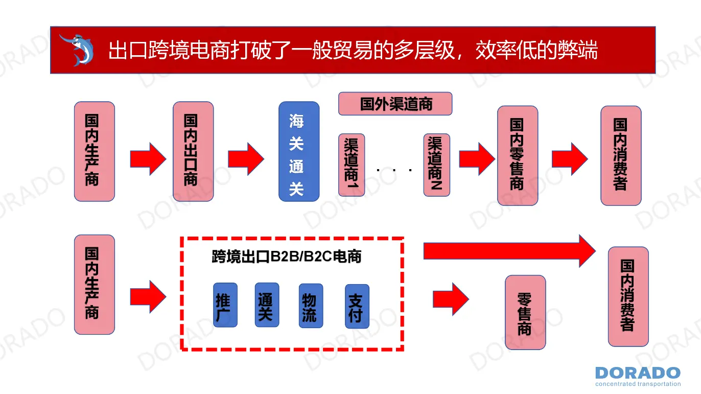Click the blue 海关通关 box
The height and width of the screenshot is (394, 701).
pos(299,151)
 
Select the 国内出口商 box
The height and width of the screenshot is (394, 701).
pos(193,151)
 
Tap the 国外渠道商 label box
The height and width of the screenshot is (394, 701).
pos(395,104)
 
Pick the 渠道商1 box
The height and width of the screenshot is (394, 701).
pos(352,165)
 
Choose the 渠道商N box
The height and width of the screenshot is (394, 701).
pos(436,165)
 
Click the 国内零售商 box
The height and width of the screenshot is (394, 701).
pos(518,155)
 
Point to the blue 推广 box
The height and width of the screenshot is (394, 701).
pos(225,305)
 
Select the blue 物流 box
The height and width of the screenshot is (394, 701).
pos(311,306)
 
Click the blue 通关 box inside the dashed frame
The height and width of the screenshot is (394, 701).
pos(267,305)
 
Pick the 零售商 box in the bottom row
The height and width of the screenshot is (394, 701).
pos(525,312)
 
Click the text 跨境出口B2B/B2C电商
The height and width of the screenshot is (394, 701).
pos(287,257)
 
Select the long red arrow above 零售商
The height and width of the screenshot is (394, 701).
pos(509,250)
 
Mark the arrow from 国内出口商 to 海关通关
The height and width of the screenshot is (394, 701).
pos(246,158)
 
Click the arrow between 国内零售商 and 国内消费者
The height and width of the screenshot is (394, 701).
pos(569,158)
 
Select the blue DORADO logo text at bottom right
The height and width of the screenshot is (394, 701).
pos(638,373)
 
